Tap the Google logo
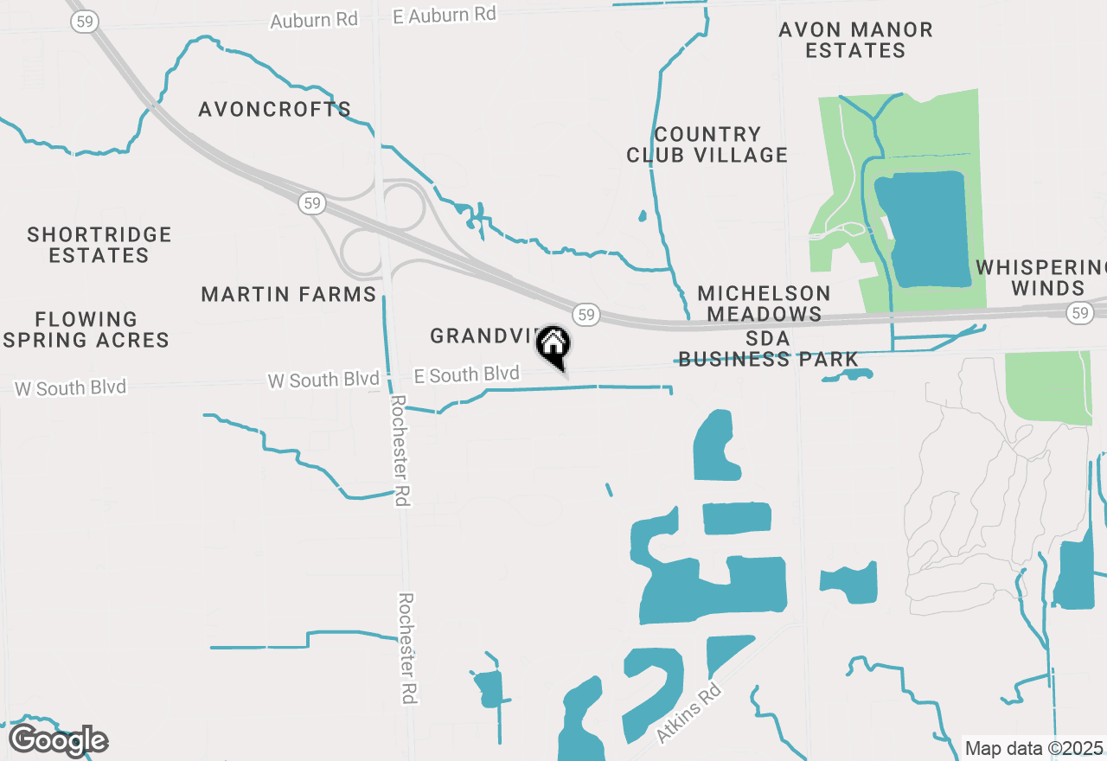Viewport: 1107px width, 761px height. pyautogui.click(x=58, y=741)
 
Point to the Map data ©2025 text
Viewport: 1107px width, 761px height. pyautogui.click(x=1033, y=748)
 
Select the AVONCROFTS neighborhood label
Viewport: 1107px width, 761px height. pyautogui.click(x=274, y=110)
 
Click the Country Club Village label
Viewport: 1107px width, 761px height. pyautogui.click(x=707, y=145)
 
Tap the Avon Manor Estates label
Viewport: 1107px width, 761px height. pyautogui.click(x=855, y=41)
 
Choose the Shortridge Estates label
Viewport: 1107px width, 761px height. pyautogui.click(x=99, y=246)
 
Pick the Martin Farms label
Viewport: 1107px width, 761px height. pyautogui.click(x=289, y=295)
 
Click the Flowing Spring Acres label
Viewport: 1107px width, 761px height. pyautogui.click(x=86, y=330)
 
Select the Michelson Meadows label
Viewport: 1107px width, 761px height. pyautogui.click(x=764, y=304)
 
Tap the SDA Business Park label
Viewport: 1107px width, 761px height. pyautogui.click(x=768, y=349)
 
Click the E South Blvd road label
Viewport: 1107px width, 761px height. pyautogui.click(x=467, y=375)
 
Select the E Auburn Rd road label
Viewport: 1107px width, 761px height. pyautogui.click(x=445, y=16)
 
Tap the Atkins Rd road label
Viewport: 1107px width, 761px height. pyautogui.click(x=688, y=713)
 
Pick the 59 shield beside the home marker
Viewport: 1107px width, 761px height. pyautogui.click(x=586, y=314)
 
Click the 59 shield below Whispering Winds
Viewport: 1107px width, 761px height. pyautogui.click(x=1079, y=313)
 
